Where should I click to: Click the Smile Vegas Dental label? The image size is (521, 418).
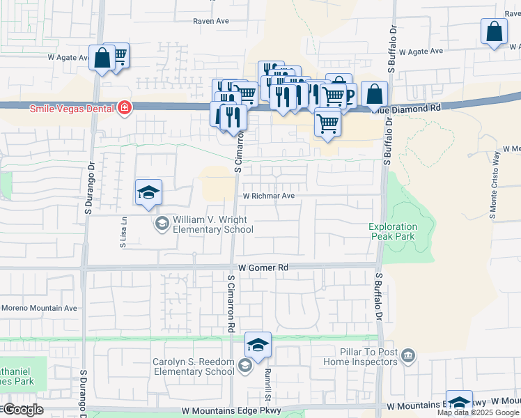click(73, 109)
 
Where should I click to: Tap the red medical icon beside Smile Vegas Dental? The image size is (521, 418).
click(125, 109)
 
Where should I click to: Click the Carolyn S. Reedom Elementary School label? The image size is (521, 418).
click(194, 366)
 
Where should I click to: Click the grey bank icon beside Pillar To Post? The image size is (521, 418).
click(408, 357)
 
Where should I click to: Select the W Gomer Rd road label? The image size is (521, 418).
click(263, 268)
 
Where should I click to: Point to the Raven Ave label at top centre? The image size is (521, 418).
click(211, 22)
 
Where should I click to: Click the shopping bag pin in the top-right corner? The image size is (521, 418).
click(494, 32)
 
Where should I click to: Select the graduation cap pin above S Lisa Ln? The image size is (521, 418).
click(148, 193)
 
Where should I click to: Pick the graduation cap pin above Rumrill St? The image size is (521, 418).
click(258, 346)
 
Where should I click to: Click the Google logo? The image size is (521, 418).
click(23, 410)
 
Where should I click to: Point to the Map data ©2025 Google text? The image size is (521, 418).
click(478, 412)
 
